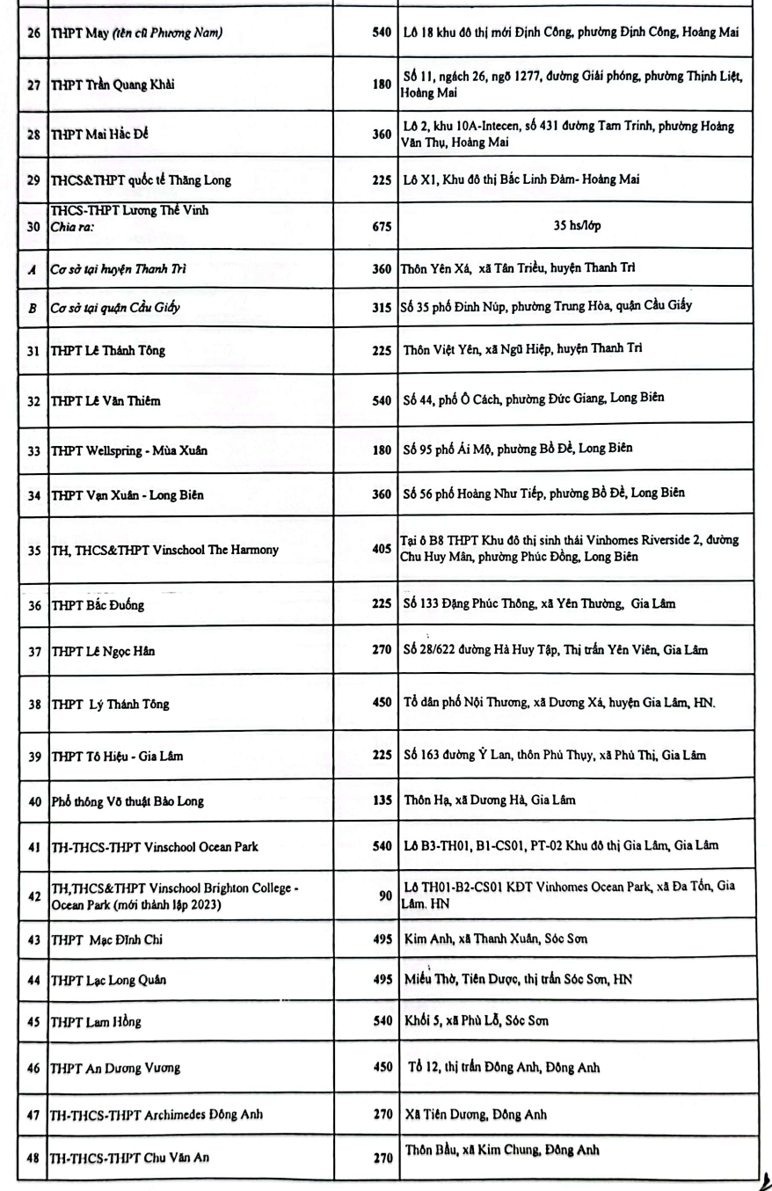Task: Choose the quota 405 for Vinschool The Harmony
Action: [x=380, y=550]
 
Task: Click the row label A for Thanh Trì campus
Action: [x=33, y=267]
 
